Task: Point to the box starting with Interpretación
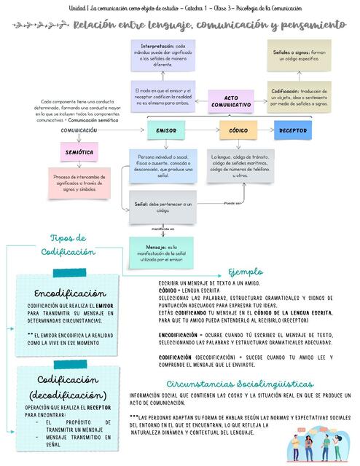163,55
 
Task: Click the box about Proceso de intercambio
80,185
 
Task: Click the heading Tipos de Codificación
69,245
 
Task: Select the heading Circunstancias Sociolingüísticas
240,384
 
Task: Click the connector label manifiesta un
163,229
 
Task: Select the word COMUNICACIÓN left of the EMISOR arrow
79,130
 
